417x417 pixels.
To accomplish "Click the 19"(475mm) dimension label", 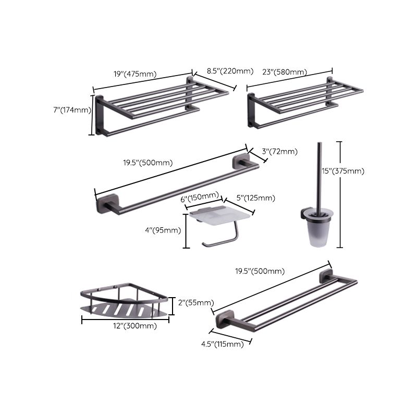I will pyautogui.click(x=135, y=74).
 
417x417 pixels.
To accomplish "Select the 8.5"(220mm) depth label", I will pyautogui.click(x=229, y=71).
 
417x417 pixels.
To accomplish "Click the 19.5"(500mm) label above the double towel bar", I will pyautogui.click(x=259, y=271).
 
